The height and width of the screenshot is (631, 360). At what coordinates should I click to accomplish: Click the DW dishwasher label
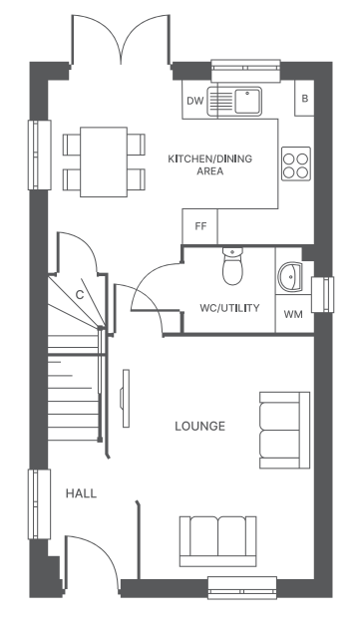195,101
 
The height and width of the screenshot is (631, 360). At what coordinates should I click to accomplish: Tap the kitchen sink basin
248,101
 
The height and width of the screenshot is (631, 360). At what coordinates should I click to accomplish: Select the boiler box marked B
305,99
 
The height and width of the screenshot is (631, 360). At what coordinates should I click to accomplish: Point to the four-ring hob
296,163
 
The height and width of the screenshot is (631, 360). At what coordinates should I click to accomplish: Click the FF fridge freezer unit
200,226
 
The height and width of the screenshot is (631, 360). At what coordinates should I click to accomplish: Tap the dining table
104,161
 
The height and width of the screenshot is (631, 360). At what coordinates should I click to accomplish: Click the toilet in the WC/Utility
232,266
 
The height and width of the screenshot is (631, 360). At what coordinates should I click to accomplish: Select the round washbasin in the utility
290,277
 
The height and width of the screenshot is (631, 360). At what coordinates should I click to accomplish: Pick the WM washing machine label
293,314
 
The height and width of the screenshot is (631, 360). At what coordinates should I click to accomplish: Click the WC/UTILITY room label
229,308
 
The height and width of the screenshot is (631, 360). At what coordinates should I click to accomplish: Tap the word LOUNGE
199,427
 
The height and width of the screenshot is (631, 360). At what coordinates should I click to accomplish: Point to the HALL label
81,493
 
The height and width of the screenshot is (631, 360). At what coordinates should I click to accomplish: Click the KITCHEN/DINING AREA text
209,164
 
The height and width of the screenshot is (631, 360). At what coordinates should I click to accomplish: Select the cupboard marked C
80,295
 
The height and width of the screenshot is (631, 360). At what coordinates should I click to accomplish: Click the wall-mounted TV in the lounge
126,399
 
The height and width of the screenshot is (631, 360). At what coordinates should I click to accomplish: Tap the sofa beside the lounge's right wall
284,431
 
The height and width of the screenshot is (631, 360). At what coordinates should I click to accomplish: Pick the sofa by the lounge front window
217,541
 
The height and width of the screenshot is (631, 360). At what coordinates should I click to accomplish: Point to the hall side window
39,504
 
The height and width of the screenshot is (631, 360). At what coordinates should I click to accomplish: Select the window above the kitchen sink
245,71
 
